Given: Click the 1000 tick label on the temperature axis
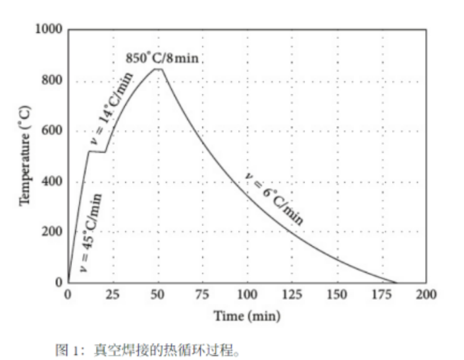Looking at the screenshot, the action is tap(49, 29).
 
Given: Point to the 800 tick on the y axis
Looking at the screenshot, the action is tap(52, 80).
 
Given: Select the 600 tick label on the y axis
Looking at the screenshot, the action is tap(52, 130).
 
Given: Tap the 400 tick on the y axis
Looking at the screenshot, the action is tap(52, 181).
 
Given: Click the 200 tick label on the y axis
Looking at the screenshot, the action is tap(52, 232).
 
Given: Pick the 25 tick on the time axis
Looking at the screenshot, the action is tap(113, 295).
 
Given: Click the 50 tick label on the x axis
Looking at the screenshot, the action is tap(158, 295).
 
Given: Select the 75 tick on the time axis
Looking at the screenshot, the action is tap(202, 295).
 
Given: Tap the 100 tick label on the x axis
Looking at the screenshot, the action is tap(247, 295).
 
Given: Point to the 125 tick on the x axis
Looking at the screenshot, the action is tap(292, 295).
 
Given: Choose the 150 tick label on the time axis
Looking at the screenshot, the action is tap(337, 295).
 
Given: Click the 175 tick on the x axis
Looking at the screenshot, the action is tap(381, 295).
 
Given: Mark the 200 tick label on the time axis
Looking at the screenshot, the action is tap(426, 295).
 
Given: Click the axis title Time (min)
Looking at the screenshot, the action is tap(247, 316).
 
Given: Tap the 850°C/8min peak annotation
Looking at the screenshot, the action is tap(162, 58).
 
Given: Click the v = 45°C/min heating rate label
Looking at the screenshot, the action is tap(91, 233).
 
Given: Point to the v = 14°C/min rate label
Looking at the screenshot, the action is tap(112, 108).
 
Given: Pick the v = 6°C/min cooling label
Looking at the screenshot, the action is tap(274, 199).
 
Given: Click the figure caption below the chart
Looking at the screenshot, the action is tap(147, 350).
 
